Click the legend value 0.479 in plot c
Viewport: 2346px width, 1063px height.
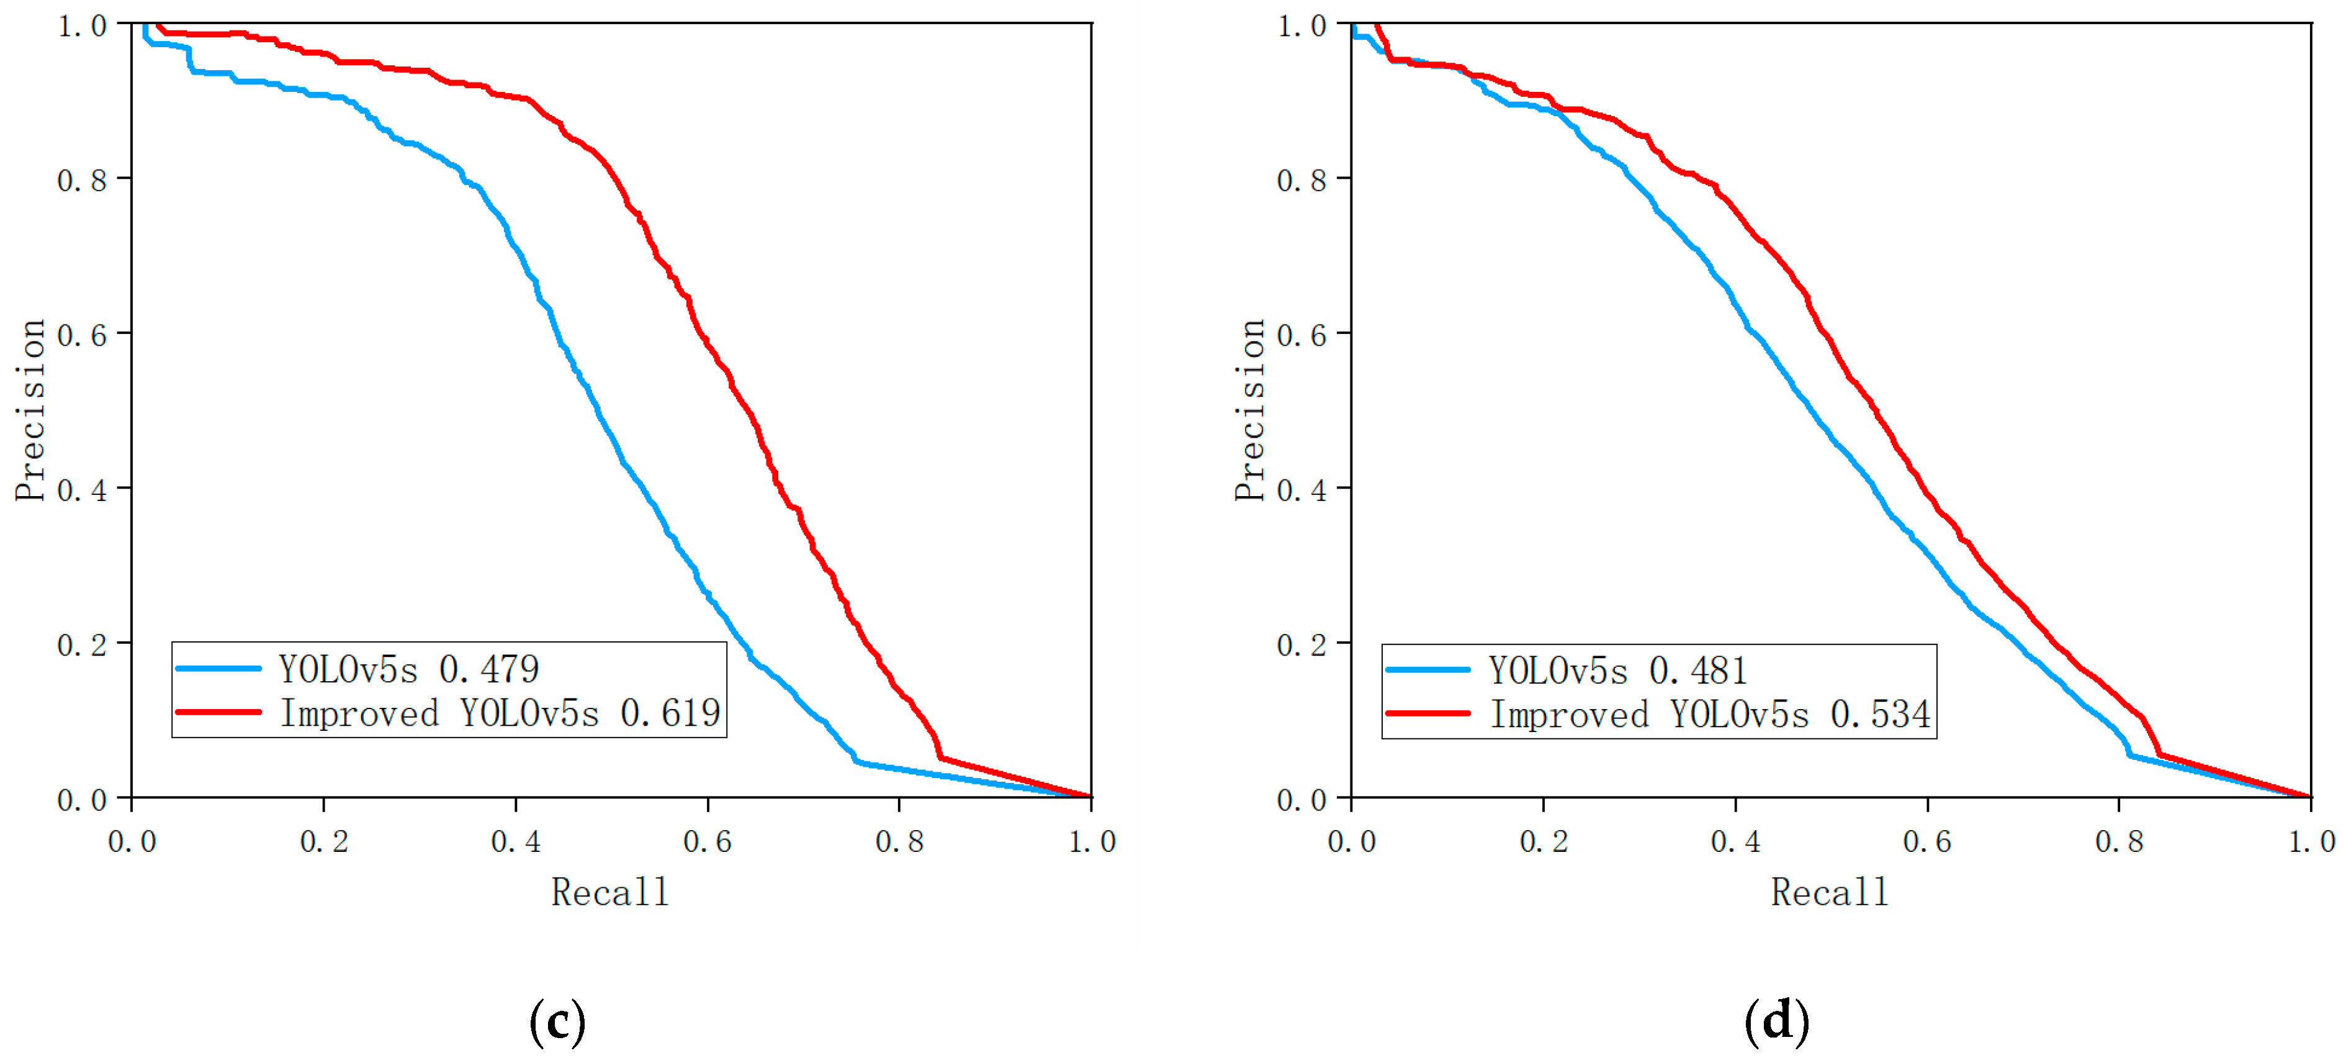click(x=489, y=669)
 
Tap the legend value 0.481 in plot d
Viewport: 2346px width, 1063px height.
click(x=1699, y=671)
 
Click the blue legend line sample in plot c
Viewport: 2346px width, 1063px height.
click(x=218, y=669)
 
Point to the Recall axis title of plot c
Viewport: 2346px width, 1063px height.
click(x=610, y=892)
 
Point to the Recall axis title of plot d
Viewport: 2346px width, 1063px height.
click(x=1830, y=892)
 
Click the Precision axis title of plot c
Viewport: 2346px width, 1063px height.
click(x=30, y=410)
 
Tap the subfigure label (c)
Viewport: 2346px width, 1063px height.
click(x=557, y=1021)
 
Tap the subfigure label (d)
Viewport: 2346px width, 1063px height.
click(x=1777, y=1021)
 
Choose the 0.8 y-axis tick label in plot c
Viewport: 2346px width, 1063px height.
click(x=82, y=180)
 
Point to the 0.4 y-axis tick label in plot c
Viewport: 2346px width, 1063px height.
click(x=82, y=490)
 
